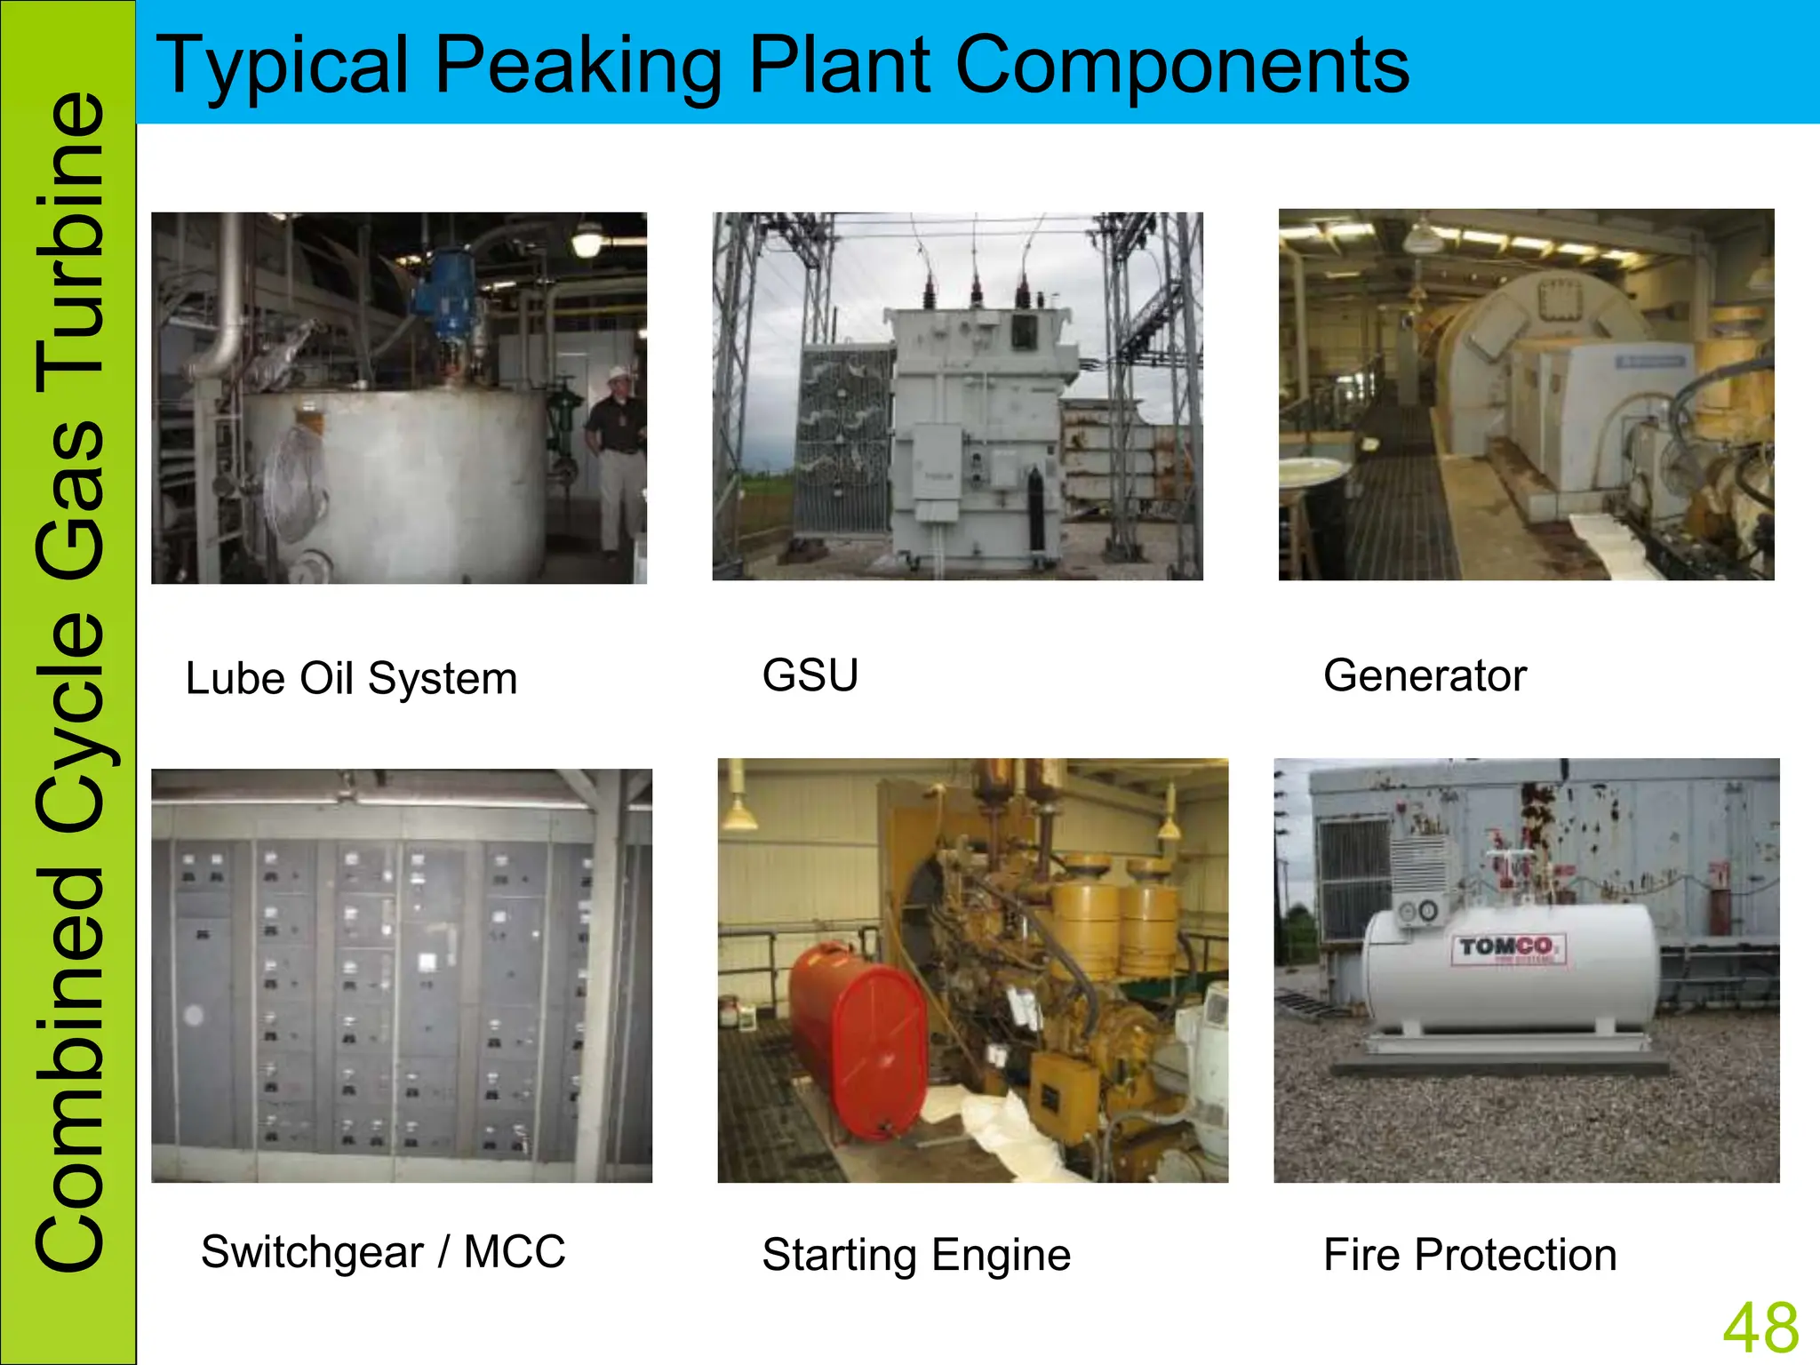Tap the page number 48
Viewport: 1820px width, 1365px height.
pyautogui.click(x=1760, y=1328)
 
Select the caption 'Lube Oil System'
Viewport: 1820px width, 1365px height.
pyautogui.click(x=351, y=679)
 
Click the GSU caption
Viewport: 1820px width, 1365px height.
pyautogui.click(x=810, y=675)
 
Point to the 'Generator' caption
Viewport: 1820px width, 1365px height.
pyautogui.click(x=1425, y=675)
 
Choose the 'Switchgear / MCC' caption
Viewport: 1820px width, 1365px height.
pyautogui.click(x=383, y=1252)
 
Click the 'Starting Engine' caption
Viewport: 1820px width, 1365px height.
pyautogui.click(x=916, y=1255)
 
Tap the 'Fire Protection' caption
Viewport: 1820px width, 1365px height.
pyautogui.click(x=1470, y=1255)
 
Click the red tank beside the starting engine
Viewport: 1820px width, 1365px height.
pyautogui.click(x=858, y=1040)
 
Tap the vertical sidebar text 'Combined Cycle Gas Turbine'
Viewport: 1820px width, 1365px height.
pyautogui.click(x=69, y=682)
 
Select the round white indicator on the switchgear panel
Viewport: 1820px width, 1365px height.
pyautogui.click(x=194, y=1015)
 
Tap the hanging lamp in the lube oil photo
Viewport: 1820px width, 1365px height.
pyautogui.click(x=587, y=240)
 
